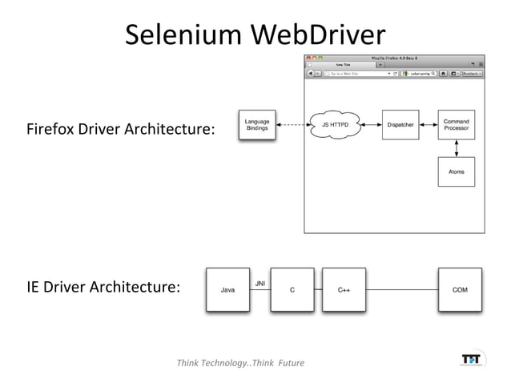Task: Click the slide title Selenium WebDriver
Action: click(x=255, y=34)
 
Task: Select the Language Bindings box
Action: click(x=257, y=125)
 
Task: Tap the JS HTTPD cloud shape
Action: click(x=335, y=125)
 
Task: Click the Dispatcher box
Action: click(x=400, y=125)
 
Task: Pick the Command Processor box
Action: click(x=457, y=125)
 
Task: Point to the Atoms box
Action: click(x=457, y=171)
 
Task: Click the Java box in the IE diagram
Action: click(x=228, y=289)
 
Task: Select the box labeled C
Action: click(x=292, y=289)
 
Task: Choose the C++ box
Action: click(x=344, y=289)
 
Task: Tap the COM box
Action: click(x=460, y=289)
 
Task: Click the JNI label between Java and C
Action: click(x=260, y=283)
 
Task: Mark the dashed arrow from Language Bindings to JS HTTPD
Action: click(x=293, y=125)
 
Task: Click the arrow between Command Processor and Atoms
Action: click(x=457, y=149)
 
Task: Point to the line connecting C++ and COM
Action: click(x=401, y=289)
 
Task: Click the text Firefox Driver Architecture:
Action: click(x=121, y=128)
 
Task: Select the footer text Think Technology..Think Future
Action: click(x=240, y=363)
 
